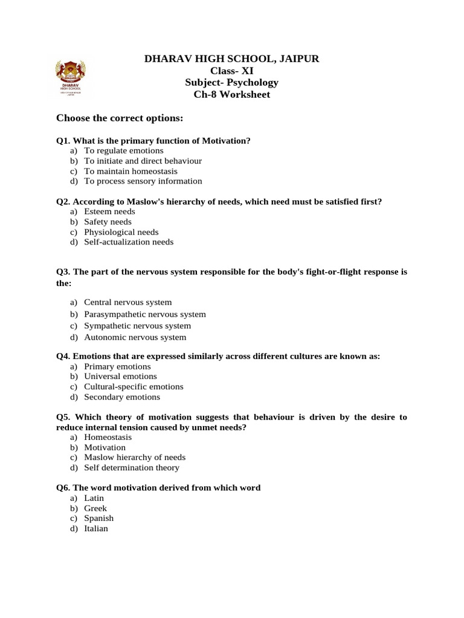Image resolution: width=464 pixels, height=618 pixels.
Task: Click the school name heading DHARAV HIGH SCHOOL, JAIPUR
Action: [x=231, y=59]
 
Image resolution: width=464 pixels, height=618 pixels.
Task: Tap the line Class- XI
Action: [x=231, y=71]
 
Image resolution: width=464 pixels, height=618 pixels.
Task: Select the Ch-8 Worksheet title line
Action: [x=231, y=95]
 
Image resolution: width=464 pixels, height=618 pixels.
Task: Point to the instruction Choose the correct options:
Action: [x=120, y=117]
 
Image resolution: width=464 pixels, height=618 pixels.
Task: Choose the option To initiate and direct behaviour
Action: [x=143, y=161]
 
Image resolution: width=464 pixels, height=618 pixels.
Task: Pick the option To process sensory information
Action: [x=143, y=181]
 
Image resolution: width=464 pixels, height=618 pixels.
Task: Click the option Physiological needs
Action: [x=121, y=232]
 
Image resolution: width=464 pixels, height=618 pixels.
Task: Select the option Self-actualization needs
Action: [x=129, y=242]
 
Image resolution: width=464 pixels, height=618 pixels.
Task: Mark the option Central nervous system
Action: [x=128, y=302]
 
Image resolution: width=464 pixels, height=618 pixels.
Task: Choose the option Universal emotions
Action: [x=120, y=377]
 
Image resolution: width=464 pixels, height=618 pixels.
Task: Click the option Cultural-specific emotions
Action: [x=134, y=387]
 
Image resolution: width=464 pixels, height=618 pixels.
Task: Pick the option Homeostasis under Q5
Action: [x=108, y=437]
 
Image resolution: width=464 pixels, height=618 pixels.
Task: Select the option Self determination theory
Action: [x=132, y=468]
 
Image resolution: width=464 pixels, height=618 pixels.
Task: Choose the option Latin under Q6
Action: [x=94, y=498]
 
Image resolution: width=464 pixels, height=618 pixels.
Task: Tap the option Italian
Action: [x=96, y=529]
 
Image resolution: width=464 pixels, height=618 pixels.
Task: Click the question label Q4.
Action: [x=63, y=356]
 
